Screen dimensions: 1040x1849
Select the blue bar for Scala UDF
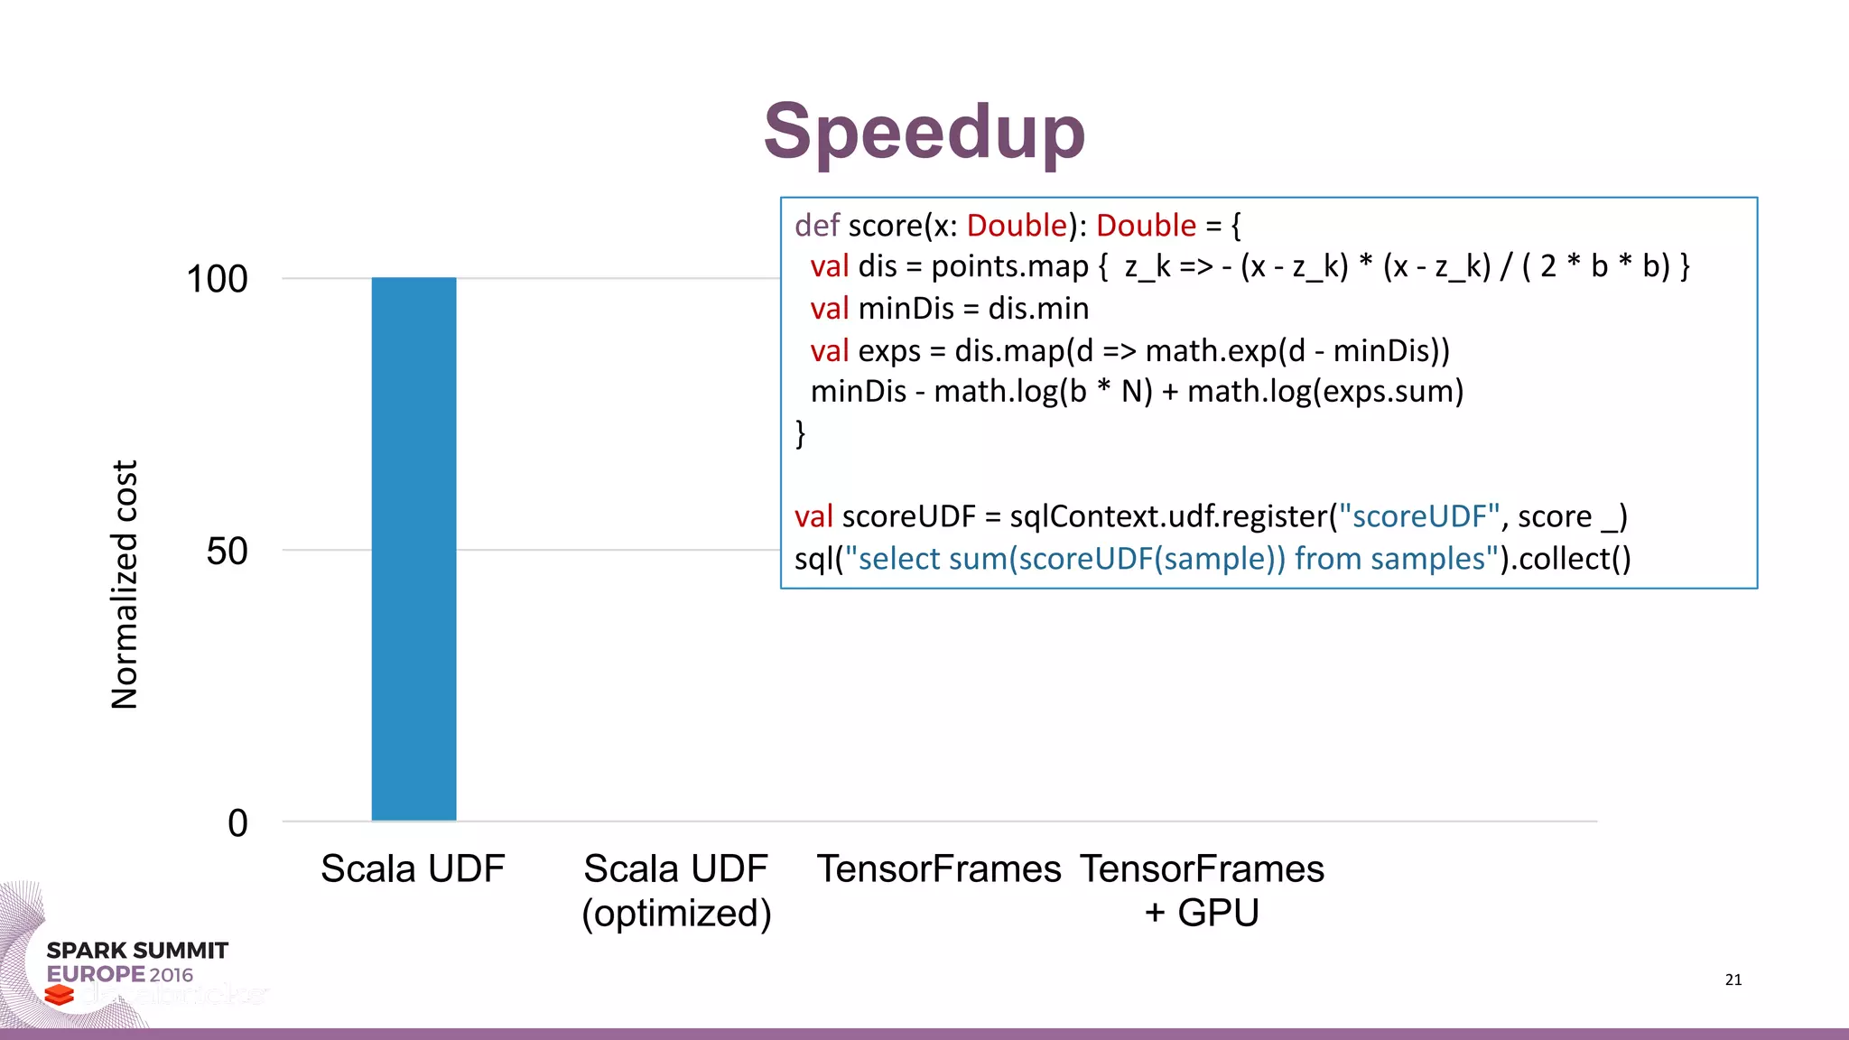413,549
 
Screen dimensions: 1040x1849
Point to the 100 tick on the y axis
217,279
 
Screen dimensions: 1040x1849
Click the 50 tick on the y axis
227,551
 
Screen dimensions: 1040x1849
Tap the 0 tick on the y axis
237,822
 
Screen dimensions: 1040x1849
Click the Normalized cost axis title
125,585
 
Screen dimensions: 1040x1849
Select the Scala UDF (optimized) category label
676,890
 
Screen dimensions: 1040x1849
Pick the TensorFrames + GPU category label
1202,890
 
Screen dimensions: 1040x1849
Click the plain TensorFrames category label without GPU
939,868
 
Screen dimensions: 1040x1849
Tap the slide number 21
1733,980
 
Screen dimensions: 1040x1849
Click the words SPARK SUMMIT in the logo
137,951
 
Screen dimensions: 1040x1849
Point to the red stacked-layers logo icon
60,994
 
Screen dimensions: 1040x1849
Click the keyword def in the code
816,225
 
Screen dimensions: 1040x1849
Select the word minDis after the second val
906,309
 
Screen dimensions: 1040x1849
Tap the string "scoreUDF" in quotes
1419,516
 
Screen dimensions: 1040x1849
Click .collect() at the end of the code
1571,559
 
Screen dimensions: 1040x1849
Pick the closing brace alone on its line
800,433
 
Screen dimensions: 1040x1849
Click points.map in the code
1009,266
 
